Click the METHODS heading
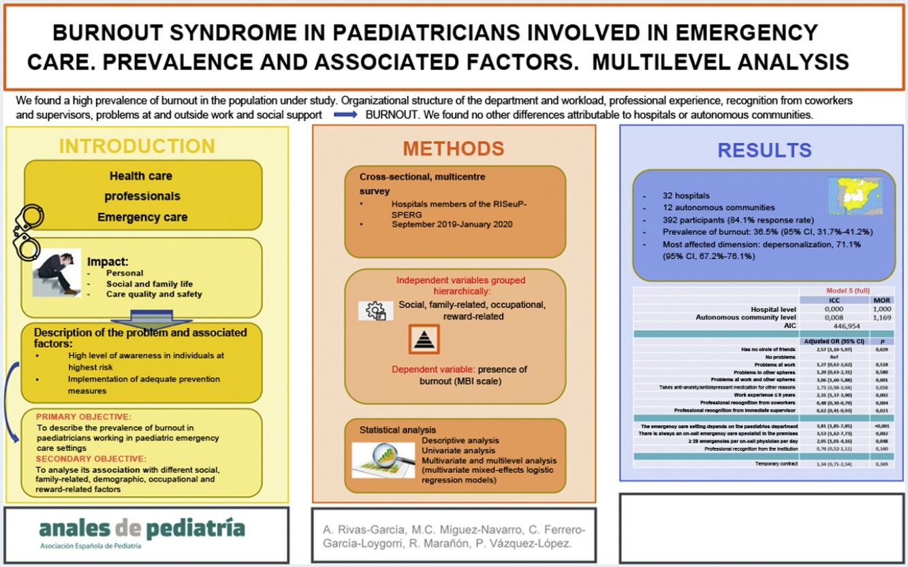pos(453,148)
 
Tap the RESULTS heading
pos(764,150)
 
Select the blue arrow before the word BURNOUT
pos(345,115)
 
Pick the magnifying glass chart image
pos(383,459)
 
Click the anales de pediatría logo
pos(142,530)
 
